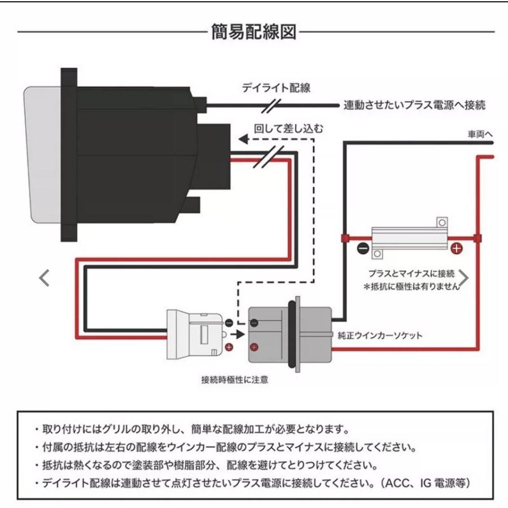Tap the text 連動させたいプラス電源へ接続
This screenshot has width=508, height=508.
pos(415,106)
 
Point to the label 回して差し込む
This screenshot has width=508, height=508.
pos(289,128)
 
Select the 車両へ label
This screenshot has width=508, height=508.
pos(480,135)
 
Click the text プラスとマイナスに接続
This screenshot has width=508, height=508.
pos(411,273)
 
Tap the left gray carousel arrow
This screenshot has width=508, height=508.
pos(44,278)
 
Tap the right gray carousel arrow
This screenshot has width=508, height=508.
pos(463,278)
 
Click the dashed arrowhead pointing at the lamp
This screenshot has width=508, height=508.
pos(243,139)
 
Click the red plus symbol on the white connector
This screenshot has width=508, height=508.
pos(229,347)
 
